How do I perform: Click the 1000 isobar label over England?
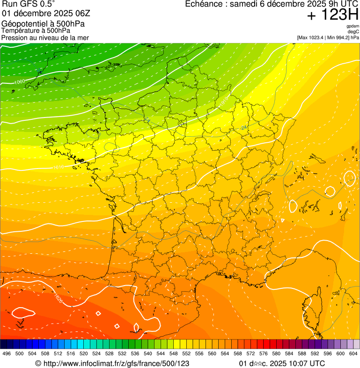pos(20,82)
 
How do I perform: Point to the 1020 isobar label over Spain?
pos(58,298)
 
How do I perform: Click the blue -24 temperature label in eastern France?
pos(243,127)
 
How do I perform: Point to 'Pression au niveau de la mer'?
pos(45,37)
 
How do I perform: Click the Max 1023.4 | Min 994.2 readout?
pos(328,37)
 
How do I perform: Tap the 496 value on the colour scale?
pos(7,354)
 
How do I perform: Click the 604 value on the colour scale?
pos(353,354)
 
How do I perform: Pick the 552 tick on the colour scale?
pos(186,354)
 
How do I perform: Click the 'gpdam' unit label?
pos(353,26)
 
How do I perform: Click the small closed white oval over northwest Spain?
pos(22,312)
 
